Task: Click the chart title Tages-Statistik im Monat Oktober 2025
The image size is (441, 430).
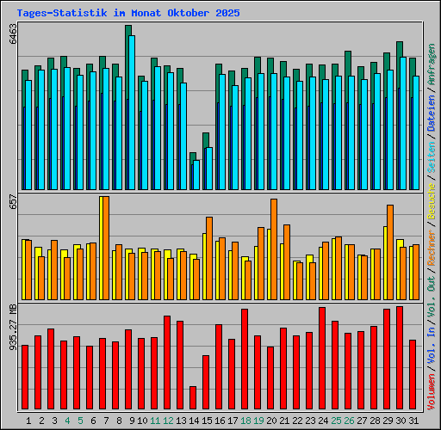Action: click(128, 14)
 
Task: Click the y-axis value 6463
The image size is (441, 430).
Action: click(12, 34)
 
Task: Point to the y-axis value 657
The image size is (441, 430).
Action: click(12, 200)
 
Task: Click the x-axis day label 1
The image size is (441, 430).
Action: click(29, 421)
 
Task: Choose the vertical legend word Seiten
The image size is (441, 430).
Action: click(432, 157)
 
